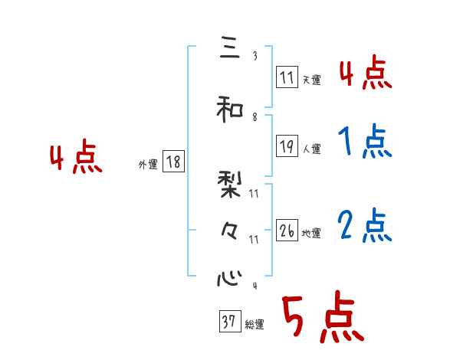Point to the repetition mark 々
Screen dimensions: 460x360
point(229,230)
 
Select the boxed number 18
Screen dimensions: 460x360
point(172,162)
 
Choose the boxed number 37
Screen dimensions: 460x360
point(229,322)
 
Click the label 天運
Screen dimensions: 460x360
point(311,78)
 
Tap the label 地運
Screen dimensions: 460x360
point(311,233)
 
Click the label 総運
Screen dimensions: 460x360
point(255,325)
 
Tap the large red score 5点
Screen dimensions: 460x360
point(321,318)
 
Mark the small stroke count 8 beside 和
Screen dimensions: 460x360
point(255,116)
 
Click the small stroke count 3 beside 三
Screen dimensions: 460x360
point(255,55)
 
